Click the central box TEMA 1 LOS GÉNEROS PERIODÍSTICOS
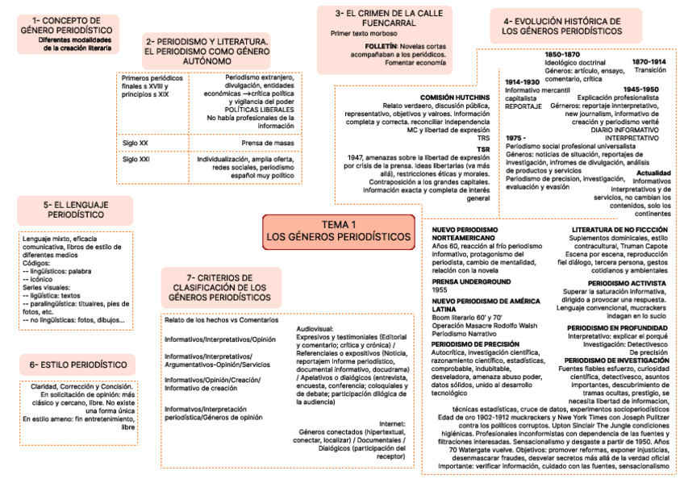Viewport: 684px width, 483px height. [x=339, y=231]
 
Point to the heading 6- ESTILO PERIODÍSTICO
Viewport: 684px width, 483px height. [x=73, y=364]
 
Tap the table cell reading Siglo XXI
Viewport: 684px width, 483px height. [x=136, y=159]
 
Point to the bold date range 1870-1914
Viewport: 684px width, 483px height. [x=649, y=61]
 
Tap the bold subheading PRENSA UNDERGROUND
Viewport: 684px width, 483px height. [x=472, y=281]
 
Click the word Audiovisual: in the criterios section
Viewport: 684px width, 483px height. [x=315, y=329]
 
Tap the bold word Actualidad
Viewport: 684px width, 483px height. [x=653, y=173]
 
